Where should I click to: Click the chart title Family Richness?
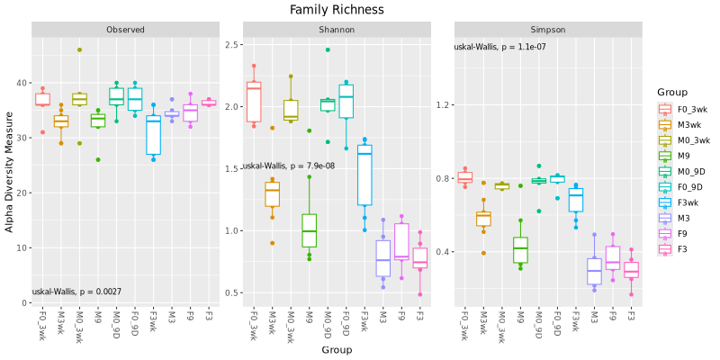pos(337,10)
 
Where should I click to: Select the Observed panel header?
pos(125,30)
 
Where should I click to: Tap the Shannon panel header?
pos(337,30)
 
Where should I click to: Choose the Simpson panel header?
pos(547,30)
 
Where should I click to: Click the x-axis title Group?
pos(337,350)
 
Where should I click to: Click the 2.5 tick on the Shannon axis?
pos(231,45)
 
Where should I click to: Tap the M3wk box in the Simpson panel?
pos(483,218)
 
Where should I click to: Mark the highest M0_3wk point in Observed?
pos(79,50)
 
